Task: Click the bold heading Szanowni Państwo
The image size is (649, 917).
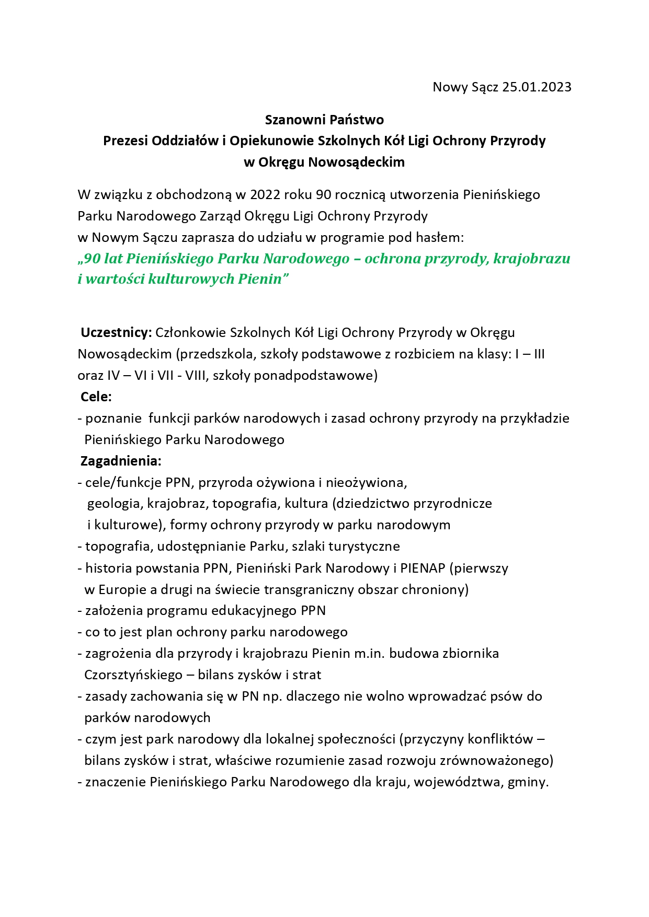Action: [x=324, y=120]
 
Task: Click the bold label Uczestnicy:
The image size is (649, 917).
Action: [x=116, y=332]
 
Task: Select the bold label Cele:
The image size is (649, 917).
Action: [x=96, y=397]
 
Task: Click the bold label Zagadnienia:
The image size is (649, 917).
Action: [x=121, y=461]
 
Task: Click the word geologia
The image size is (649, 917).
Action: [x=115, y=504]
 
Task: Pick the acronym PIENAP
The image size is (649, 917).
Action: [x=423, y=568]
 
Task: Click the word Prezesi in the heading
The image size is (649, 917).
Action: [x=125, y=141]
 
